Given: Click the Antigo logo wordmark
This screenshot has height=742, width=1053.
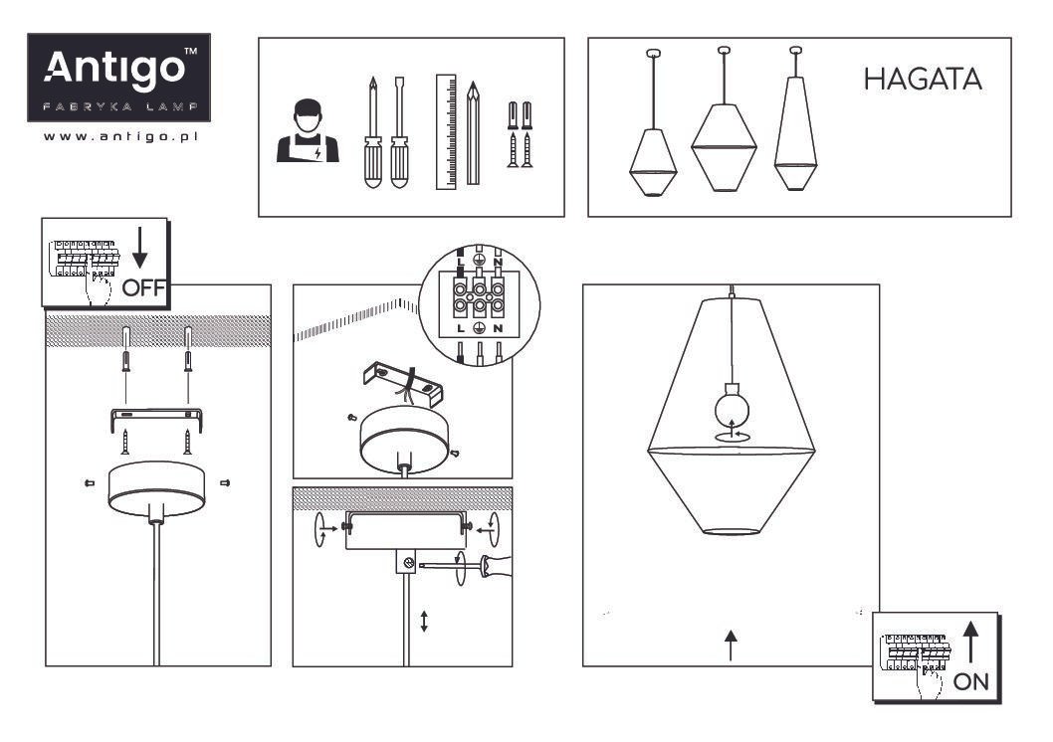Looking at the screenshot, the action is [x=114, y=67].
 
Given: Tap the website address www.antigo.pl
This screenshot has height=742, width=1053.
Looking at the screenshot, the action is [x=120, y=137].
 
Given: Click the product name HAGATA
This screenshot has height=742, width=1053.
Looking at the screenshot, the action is [x=923, y=80].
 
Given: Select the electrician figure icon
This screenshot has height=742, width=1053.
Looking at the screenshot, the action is [x=308, y=131].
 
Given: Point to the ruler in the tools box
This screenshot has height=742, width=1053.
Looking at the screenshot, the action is [x=446, y=131].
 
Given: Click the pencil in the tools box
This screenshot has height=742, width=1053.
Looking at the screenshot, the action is [x=474, y=133].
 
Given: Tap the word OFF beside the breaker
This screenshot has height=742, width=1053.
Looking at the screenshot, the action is [x=143, y=287].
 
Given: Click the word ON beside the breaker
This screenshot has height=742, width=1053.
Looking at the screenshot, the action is [x=971, y=681].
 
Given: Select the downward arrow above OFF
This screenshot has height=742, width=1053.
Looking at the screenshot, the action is [x=139, y=248].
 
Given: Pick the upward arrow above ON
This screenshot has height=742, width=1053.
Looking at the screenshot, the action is [x=971, y=642].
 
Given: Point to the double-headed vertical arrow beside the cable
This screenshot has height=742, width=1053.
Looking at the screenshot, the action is [x=424, y=622].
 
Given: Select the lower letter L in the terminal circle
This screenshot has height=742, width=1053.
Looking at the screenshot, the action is [x=461, y=329].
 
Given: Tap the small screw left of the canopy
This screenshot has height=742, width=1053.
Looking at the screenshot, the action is [x=90, y=482].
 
